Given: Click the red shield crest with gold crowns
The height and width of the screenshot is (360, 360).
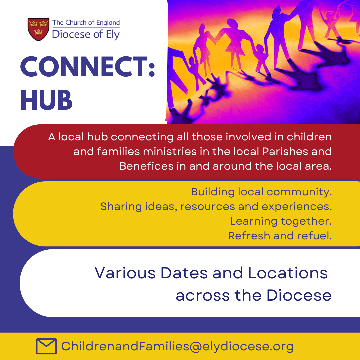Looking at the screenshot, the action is pos(38,29).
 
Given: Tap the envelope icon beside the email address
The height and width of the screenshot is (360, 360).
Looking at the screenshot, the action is pos(46,346).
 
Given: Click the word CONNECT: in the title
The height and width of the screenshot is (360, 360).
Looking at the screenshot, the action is pos(88,67).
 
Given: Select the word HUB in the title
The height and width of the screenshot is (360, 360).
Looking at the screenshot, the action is pos(46,100).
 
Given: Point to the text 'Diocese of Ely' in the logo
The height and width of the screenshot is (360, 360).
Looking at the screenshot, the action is pos(86,34).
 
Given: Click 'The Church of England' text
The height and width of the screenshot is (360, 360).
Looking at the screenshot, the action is pos(86,23).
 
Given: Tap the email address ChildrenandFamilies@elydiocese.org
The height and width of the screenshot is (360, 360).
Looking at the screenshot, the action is pos(177,346).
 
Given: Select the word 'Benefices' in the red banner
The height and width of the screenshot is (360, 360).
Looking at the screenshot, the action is pos(146,166).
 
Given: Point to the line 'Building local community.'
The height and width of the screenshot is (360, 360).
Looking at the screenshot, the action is pos(261,192).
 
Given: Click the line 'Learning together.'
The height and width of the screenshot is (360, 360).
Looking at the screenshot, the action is pos(281,221).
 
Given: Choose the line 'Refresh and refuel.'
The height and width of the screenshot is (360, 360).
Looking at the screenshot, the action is pos(280,236).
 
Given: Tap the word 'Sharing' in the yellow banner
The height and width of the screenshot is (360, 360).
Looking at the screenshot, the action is pos(121,207).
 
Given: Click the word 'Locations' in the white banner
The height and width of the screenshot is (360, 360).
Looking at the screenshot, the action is pos(288,273).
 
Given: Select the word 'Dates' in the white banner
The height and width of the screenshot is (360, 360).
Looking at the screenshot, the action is pos(184,273).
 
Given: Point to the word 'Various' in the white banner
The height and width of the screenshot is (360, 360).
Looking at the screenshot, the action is pos(125,273).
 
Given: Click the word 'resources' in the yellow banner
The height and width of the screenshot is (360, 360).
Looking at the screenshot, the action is pos(208,207).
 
